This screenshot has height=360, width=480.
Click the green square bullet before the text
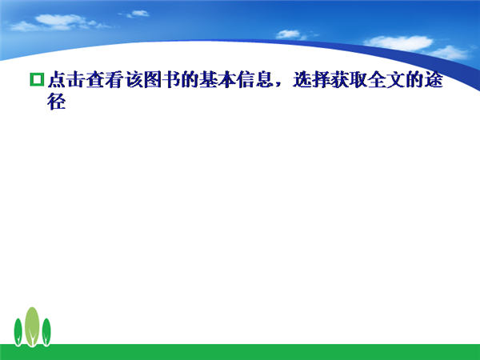click(37, 79)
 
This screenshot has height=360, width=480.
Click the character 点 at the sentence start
click(57, 79)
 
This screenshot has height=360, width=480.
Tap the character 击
click(76, 79)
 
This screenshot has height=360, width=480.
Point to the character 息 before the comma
click(264, 79)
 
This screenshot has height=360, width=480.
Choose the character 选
click(302, 79)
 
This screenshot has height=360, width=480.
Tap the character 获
click(339, 79)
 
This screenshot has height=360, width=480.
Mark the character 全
click(377, 79)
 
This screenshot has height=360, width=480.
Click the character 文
click(396, 79)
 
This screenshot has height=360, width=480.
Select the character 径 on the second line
click(57, 102)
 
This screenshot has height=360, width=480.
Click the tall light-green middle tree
click(32, 326)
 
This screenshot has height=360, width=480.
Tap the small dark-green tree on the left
click(18, 332)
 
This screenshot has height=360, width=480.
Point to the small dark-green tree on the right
click(46, 332)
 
